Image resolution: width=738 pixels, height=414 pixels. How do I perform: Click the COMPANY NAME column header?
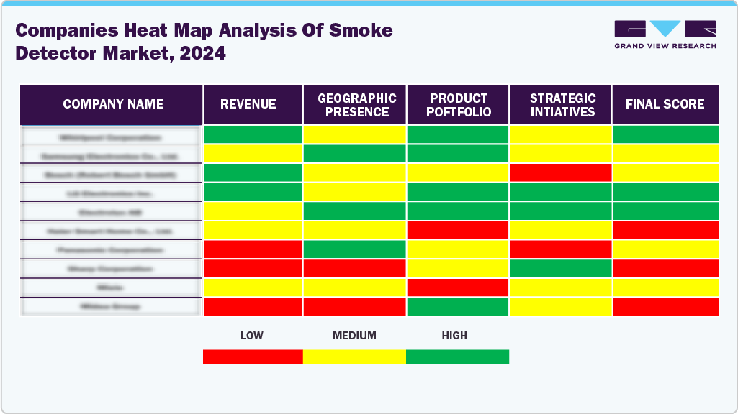113,104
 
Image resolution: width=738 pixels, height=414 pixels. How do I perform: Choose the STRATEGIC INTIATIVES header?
562,105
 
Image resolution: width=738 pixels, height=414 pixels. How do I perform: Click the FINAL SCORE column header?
665,104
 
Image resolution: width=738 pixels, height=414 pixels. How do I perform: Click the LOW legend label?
251,336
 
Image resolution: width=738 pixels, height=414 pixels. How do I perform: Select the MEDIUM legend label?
354,336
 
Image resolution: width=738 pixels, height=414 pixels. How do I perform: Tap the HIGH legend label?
454,336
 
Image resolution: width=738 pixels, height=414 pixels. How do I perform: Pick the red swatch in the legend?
253,356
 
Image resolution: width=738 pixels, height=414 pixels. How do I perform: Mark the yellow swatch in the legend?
354,356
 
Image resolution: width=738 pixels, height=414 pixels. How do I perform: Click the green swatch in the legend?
457,356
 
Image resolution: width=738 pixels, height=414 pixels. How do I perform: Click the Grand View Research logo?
665,34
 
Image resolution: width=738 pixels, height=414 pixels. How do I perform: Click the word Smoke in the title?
363,30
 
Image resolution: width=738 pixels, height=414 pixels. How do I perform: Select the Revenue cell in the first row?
253,134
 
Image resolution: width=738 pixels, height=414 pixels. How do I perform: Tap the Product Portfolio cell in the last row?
458,306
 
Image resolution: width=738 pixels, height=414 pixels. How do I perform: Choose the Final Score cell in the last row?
665,306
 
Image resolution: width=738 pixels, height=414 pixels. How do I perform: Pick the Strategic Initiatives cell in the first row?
560,134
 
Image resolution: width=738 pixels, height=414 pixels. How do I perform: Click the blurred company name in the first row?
111,136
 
